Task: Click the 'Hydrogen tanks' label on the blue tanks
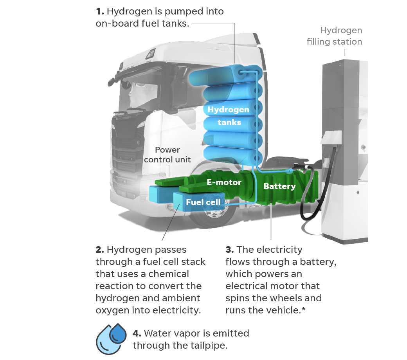click(x=229, y=116)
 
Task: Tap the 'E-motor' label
click(x=224, y=182)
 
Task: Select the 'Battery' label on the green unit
click(x=279, y=186)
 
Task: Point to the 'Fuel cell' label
click(x=203, y=202)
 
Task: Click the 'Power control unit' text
click(x=167, y=155)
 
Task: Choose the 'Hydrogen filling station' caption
click(x=335, y=36)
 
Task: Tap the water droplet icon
click(x=112, y=338)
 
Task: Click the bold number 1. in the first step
click(x=100, y=11)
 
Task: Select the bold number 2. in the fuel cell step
click(x=100, y=250)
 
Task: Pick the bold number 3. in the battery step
click(x=230, y=250)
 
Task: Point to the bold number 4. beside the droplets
click(x=137, y=334)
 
